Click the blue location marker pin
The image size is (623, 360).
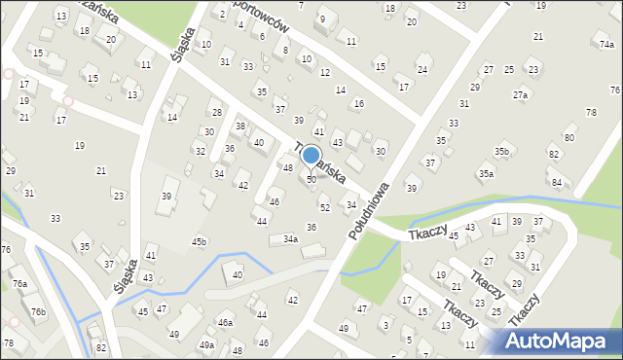tap(311, 157)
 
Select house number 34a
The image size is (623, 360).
tap(290, 238)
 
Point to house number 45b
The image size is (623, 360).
tap(199, 241)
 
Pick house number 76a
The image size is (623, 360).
tap(19, 284)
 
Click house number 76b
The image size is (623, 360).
tap(38, 311)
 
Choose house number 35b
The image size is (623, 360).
tap(501, 152)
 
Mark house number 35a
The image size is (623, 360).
tap(485, 173)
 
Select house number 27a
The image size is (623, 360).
tap(521, 95)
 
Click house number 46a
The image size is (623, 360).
tap(225, 322)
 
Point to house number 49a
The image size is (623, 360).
tap(207, 344)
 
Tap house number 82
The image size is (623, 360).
tap(100, 347)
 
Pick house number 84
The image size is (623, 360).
tap(556, 182)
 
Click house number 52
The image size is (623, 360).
tap(325, 207)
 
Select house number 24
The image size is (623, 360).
tap(421, 69)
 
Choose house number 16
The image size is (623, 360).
tap(358, 103)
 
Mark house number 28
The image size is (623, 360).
tap(216, 113)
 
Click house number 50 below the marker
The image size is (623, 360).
tap(311, 180)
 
